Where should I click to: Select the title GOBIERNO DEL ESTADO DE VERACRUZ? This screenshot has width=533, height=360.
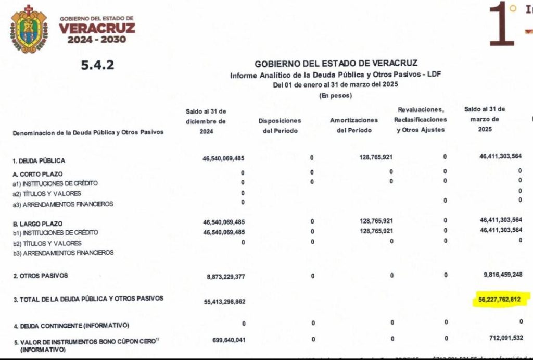tap(336, 64)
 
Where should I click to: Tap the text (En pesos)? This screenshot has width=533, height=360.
tap(335, 95)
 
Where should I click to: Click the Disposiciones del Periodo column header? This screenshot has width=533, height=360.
tap(280, 126)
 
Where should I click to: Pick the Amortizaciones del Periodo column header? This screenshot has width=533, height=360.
tap(354, 126)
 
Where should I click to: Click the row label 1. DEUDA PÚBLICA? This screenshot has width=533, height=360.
tap(40, 161)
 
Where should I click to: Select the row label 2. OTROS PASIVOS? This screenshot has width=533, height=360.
tap(41, 276)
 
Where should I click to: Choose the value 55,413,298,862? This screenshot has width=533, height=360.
tap(221, 302)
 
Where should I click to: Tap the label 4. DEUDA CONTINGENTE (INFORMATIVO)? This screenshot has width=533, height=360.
tap(71, 326)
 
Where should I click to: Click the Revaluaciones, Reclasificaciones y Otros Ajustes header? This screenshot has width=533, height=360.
tap(421, 120)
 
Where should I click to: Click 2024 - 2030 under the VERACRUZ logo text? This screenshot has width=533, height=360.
tap(97, 40)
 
